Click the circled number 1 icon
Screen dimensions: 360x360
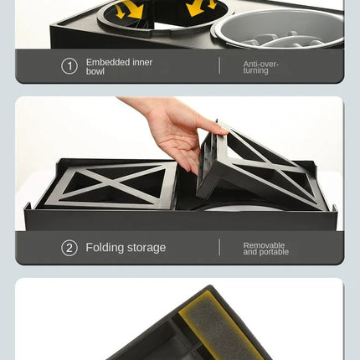(69, 66)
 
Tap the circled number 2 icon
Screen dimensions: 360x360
(69, 248)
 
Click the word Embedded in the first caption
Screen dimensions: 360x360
(106, 62)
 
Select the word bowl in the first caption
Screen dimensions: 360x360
(95, 72)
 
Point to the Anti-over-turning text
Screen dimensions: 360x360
(260, 67)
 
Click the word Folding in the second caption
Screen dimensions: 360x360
(105, 248)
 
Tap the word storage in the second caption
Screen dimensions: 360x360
(147, 248)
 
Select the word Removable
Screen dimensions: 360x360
(265, 244)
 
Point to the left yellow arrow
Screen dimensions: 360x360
(129, 10)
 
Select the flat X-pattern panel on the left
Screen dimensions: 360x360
(110, 184)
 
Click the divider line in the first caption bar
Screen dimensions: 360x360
(220, 66)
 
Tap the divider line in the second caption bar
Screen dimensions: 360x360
(220, 248)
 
